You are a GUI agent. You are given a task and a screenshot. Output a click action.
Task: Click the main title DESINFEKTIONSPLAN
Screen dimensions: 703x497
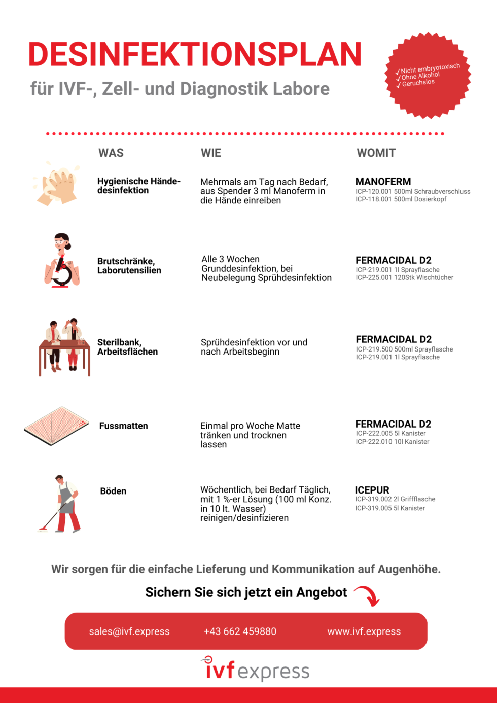click(195, 54)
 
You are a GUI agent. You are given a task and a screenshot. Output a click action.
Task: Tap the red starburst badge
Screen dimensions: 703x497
click(429, 75)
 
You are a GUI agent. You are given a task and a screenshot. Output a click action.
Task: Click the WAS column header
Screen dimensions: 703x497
click(111, 153)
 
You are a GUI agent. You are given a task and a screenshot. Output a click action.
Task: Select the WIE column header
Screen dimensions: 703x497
click(211, 153)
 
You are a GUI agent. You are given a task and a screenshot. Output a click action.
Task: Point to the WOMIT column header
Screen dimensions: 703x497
click(376, 153)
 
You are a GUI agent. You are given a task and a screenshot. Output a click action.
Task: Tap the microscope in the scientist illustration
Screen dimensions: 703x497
click(62, 272)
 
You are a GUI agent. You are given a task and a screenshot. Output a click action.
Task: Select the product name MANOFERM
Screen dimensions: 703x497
click(383, 181)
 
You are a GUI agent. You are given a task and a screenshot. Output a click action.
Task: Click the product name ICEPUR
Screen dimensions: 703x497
click(372, 490)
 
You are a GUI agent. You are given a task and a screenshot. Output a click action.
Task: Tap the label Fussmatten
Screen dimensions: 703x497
click(123, 426)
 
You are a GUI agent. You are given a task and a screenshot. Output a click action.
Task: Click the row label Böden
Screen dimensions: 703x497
click(113, 491)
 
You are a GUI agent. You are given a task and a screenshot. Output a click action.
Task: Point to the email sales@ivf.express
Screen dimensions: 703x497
click(129, 631)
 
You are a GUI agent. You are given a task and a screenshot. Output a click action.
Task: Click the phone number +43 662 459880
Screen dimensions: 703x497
click(240, 631)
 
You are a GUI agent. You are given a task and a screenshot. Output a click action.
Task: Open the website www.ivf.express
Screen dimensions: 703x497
click(364, 631)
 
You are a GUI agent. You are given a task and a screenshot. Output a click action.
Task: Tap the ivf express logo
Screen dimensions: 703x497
click(255, 669)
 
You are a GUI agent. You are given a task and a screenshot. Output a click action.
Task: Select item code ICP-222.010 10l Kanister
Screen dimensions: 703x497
click(392, 442)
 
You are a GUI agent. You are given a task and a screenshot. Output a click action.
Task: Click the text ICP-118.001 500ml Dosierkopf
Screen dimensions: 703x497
click(401, 199)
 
